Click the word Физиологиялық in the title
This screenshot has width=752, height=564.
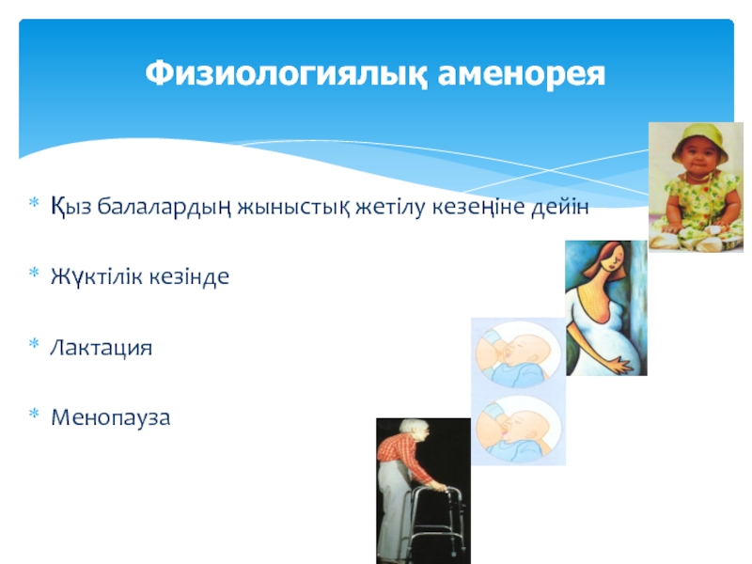[286, 74]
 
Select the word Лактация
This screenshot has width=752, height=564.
[102, 347]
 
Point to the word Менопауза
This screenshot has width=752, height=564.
[110, 417]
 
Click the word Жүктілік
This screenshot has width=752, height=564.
[98, 276]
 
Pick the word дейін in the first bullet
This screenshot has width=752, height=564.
[559, 207]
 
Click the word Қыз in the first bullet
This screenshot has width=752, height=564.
[70, 207]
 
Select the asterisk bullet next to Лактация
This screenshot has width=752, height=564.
[34, 343]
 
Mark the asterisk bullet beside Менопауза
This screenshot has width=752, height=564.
[34, 414]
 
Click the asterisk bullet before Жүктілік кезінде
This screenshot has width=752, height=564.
[34, 273]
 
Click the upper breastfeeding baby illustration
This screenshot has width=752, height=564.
[518, 355]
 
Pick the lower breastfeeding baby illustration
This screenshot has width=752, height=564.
[518, 431]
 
